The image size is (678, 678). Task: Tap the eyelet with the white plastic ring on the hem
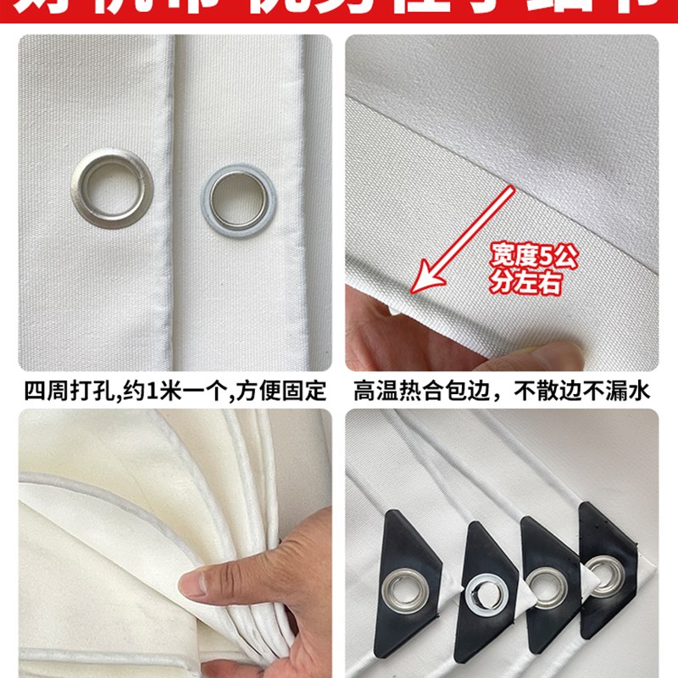pyautogui.click(x=238, y=200)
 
